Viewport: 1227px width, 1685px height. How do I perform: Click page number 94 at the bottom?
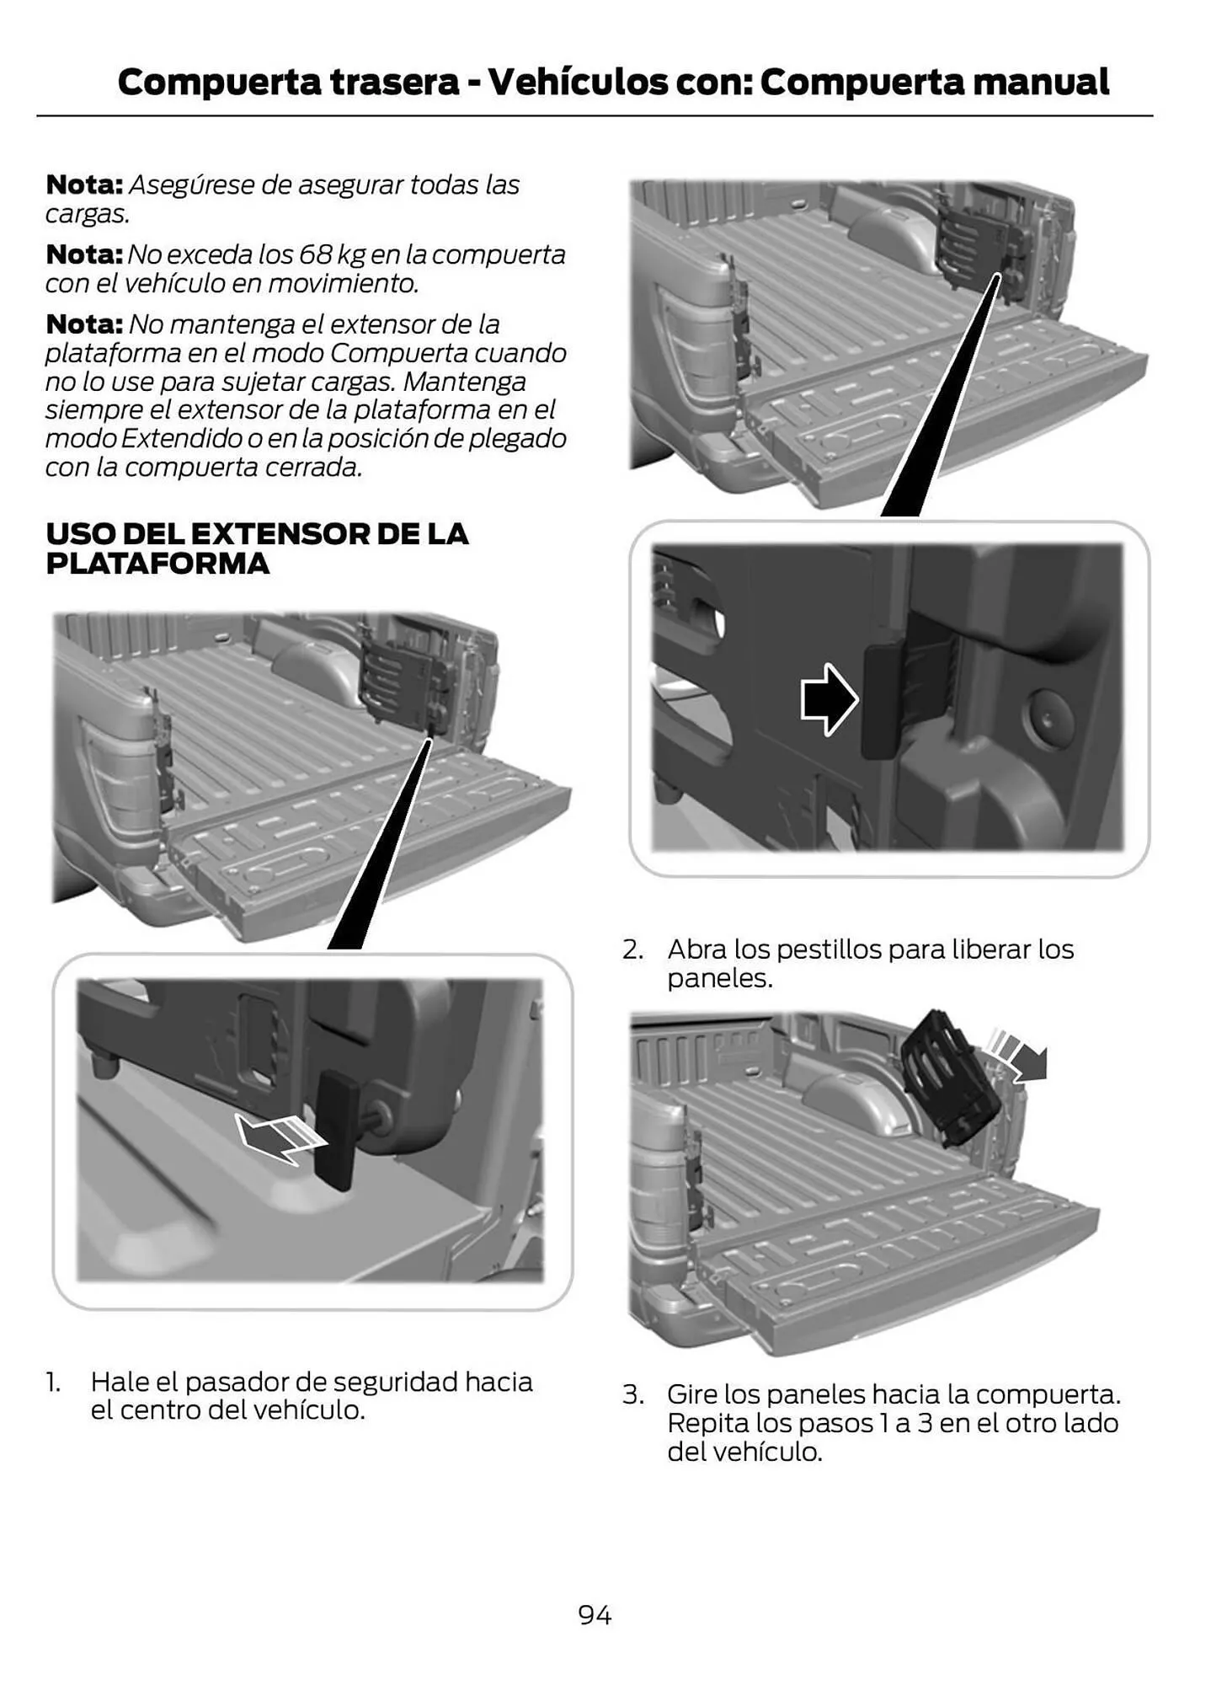pos(595,1614)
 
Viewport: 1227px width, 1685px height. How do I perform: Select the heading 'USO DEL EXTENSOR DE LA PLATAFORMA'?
pos(257,548)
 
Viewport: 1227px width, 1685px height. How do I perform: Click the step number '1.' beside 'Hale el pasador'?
pos(53,1382)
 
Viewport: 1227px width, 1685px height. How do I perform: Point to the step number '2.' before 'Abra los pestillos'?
pos(632,949)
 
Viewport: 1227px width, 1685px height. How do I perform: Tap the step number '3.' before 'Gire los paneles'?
pos(632,1394)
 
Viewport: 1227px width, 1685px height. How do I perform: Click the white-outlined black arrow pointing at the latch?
pos(829,699)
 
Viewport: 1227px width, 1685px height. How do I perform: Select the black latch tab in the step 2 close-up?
pos(880,701)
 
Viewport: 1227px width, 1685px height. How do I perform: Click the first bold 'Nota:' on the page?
pos(84,185)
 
